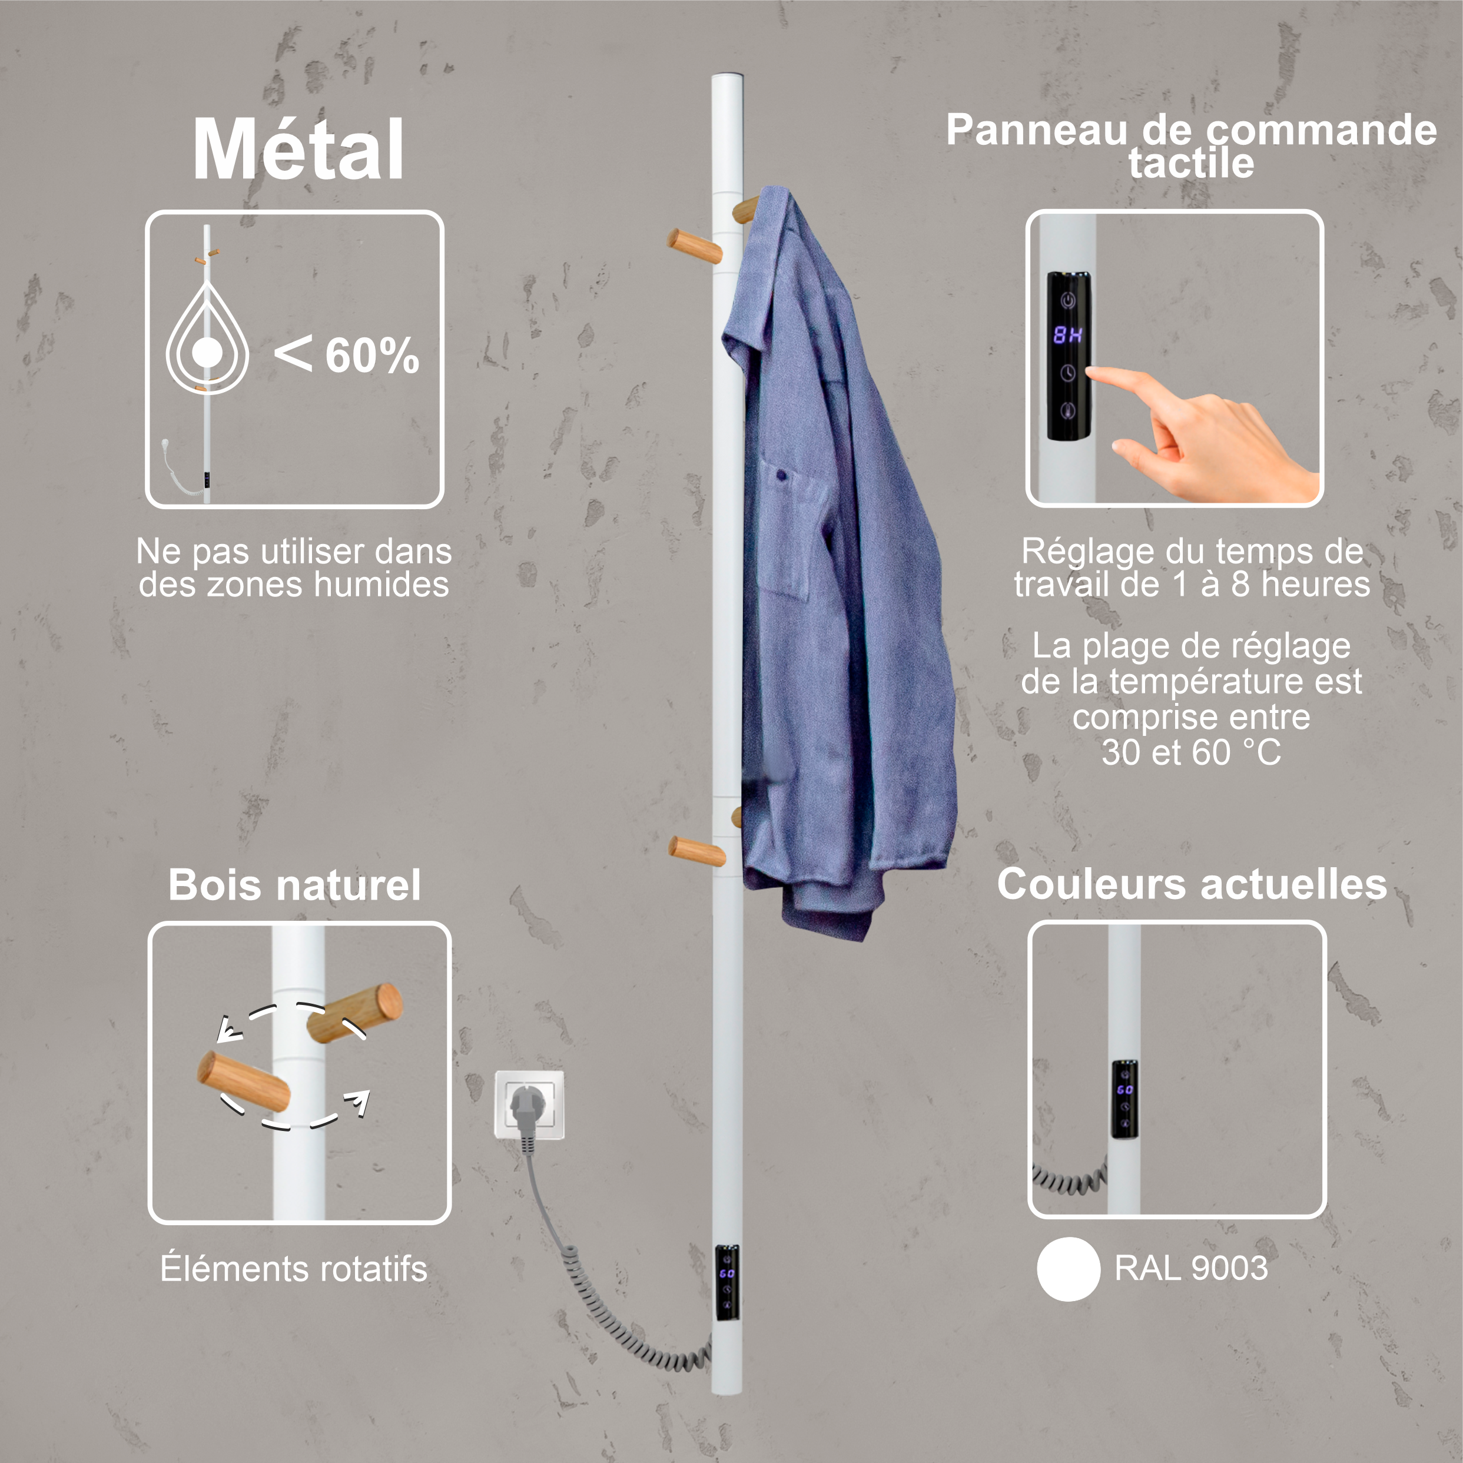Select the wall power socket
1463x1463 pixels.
click(529, 1103)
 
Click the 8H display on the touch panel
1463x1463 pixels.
click(1068, 335)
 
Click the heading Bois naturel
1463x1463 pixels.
click(294, 884)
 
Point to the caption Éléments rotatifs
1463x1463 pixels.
click(294, 1268)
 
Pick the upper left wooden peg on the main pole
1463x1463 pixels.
click(694, 246)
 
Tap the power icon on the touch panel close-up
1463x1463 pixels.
click(1068, 301)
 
